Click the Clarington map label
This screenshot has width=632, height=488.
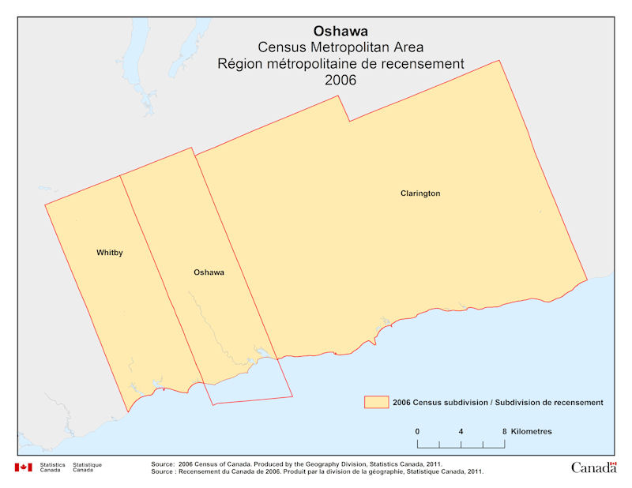(x=420, y=193)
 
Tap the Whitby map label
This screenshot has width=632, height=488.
(x=110, y=253)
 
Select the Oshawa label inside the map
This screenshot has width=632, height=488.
(x=209, y=272)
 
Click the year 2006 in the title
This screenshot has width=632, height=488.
(x=340, y=81)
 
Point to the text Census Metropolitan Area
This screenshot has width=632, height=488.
(x=340, y=47)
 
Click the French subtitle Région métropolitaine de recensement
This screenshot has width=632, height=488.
(x=340, y=64)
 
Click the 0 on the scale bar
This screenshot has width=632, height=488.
(x=417, y=431)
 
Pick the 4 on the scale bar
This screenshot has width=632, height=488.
(x=461, y=431)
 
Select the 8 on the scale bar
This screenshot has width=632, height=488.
(x=504, y=431)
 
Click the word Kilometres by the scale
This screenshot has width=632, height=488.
(x=532, y=431)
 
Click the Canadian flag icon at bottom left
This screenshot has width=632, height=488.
(x=23, y=467)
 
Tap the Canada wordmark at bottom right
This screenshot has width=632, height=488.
(x=593, y=467)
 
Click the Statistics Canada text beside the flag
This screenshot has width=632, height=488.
(x=53, y=467)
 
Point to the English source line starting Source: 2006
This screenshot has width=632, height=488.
(x=300, y=464)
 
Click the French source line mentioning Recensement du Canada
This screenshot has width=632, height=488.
(x=316, y=471)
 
